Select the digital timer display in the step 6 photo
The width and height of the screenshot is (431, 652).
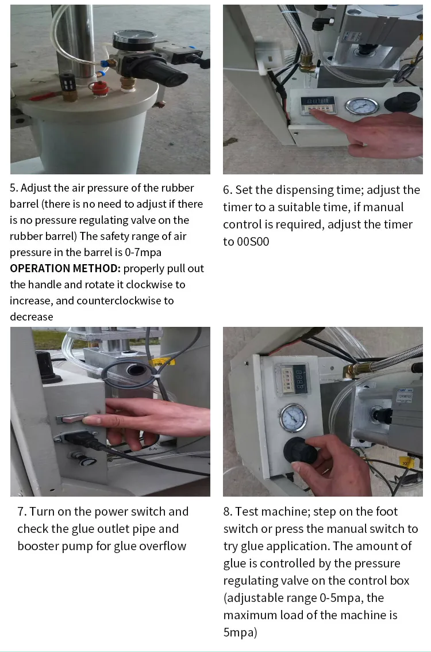(x=315, y=102)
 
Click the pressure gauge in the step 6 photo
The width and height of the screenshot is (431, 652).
(x=362, y=106)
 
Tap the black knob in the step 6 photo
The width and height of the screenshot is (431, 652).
(x=402, y=102)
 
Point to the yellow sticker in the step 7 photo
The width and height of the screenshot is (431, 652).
(x=163, y=362)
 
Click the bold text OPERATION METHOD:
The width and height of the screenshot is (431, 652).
(x=65, y=269)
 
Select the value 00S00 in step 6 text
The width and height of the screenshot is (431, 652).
(x=253, y=242)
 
